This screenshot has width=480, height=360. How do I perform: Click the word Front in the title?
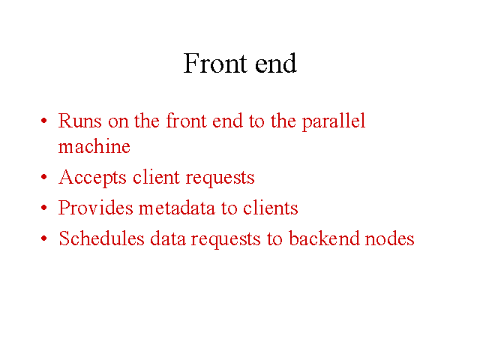coord(215,63)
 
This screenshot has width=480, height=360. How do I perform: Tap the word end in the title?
coord(276,63)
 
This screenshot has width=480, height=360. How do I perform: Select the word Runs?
coord(80,121)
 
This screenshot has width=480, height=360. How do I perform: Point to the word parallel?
coord(334,121)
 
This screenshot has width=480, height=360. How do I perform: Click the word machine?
coord(94,146)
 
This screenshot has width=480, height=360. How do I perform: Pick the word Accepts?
coord(92,178)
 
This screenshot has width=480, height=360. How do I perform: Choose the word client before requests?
coord(156,177)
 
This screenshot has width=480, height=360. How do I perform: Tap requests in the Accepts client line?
coord(220,178)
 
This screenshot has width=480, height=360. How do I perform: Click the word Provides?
coord(96,208)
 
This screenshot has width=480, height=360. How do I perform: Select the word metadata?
coord(177,208)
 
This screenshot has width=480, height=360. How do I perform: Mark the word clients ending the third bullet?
coord(271,208)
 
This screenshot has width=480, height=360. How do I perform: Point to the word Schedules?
coord(101,238)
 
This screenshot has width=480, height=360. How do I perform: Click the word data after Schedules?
coord(168,238)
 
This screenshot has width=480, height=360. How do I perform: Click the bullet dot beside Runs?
coord(44,120)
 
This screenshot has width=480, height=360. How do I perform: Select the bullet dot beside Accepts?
coord(44,177)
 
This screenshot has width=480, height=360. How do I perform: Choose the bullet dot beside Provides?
coord(44,207)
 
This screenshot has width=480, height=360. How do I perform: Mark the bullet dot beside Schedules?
coord(44,238)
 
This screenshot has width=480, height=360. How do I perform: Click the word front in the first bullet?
coord(187,121)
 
